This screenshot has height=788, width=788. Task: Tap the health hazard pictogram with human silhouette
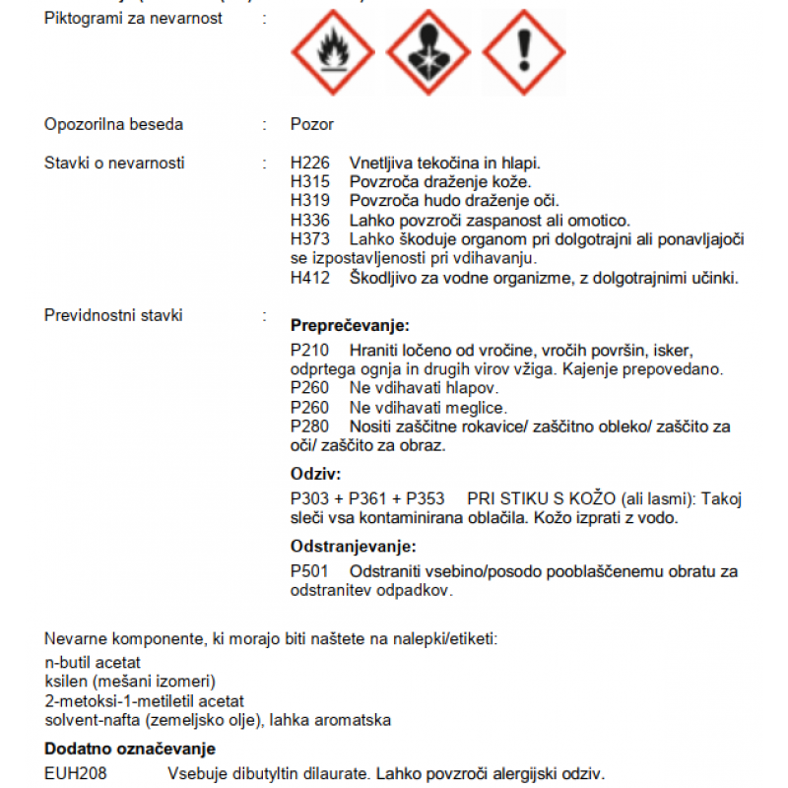pyautogui.click(x=427, y=52)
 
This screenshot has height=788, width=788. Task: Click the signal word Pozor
pyautogui.click(x=312, y=125)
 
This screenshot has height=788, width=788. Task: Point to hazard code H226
pyautogui.click(x=309, y=164)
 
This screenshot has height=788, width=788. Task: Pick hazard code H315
pyautogui.click(x=309, y=182)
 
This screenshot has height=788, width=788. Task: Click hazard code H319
pyautogui.click(x=309, y=201)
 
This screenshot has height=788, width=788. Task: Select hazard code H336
pyautogui.click(x=309, y=220)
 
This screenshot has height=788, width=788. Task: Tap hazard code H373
pyautogui.click(x=309, y=239)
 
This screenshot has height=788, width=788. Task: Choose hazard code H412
pyautogui.click(x=309, y=278)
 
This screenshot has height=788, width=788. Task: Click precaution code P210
pyautogui.click(x=309, y=351)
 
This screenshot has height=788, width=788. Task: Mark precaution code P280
pyautogui.click(x=309, y=427)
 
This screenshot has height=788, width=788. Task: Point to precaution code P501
pyautogui.click(x=309, y=571)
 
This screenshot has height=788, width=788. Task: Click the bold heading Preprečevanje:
pyautogui.click(x=350, y=325)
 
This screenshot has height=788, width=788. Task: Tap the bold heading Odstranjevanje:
pyautogui.click(x=353, y=547)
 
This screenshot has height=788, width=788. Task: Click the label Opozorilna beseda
pyautogui.click(x=114, y=125)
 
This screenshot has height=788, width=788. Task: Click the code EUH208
pyautogui.click(x=74, y=773)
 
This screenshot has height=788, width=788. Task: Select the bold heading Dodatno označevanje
pyautogui.click(x=130, y=750)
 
